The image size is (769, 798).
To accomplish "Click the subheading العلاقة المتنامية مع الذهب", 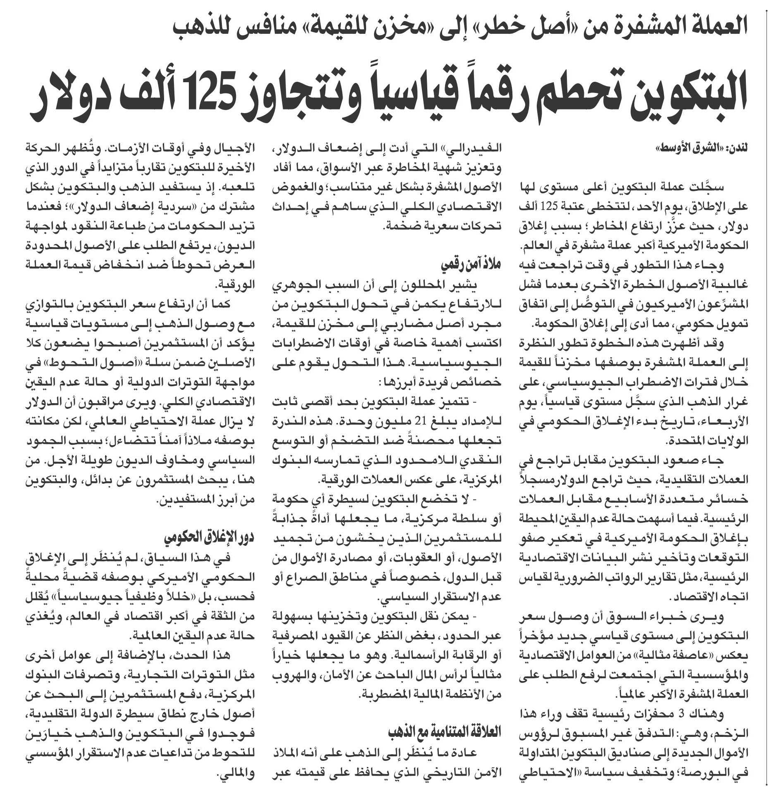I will click(x=444, y=731).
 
